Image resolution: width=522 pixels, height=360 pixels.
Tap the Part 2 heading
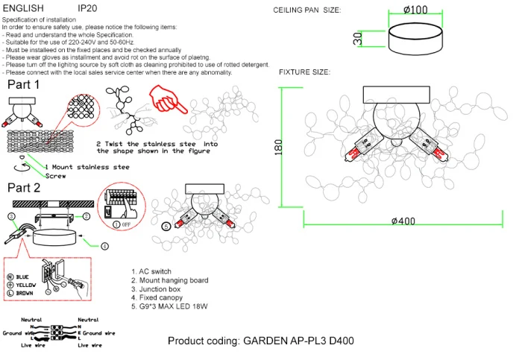click(24, 187)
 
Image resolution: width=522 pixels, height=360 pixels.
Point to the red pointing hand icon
click(166, 99)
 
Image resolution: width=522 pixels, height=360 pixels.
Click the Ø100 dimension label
click(415, 10)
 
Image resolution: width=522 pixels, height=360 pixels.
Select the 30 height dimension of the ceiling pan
click(359, 38)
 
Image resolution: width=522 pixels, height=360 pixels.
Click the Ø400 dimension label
click(403, 221)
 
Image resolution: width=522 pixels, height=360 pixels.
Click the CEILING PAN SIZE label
click(307, 10)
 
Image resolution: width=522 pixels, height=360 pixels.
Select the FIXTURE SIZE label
click(304, 72)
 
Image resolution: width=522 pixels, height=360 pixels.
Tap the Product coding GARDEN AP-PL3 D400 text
click(260, 341)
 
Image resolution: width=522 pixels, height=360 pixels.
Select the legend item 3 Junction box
click(160, 289)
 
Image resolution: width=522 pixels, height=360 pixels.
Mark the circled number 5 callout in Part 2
click(166, 227)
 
